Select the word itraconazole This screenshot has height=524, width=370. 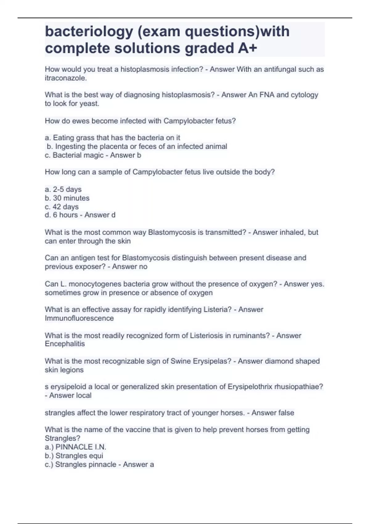pyautogui.click(x=65, y=78)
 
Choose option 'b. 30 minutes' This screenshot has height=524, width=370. pyautogui.click(x=67, y=198)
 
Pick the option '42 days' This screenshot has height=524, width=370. pyautogui.click(x=65, y=207)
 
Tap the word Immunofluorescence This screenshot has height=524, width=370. pyautogui.click(x=79, y=318)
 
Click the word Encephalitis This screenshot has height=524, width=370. pyautogui.click(x=65, y=344)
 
